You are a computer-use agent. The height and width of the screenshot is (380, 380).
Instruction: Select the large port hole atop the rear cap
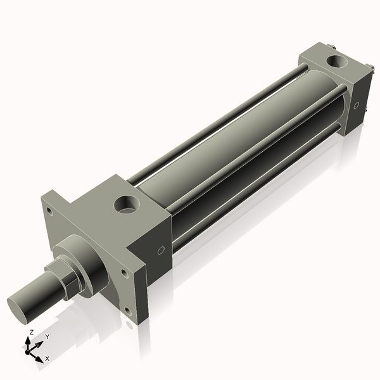coord(336,61)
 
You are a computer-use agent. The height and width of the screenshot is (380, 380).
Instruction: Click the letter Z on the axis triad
coord(32,332)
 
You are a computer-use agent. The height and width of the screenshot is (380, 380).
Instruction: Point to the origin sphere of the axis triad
coord(29,350)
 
